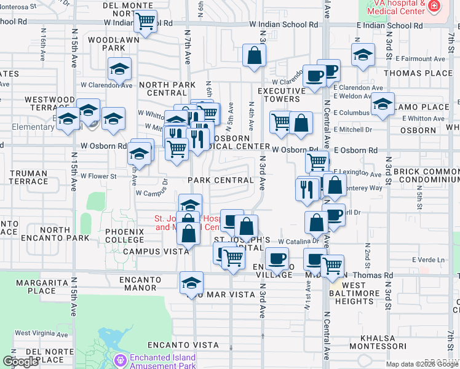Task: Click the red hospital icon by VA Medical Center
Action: [x=434, y=7]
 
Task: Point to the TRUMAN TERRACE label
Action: [x=29, y=177]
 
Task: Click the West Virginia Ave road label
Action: [x=39, y=333]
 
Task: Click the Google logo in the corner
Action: [x=20, y=362]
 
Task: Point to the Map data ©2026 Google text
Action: [x=421, y=364]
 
